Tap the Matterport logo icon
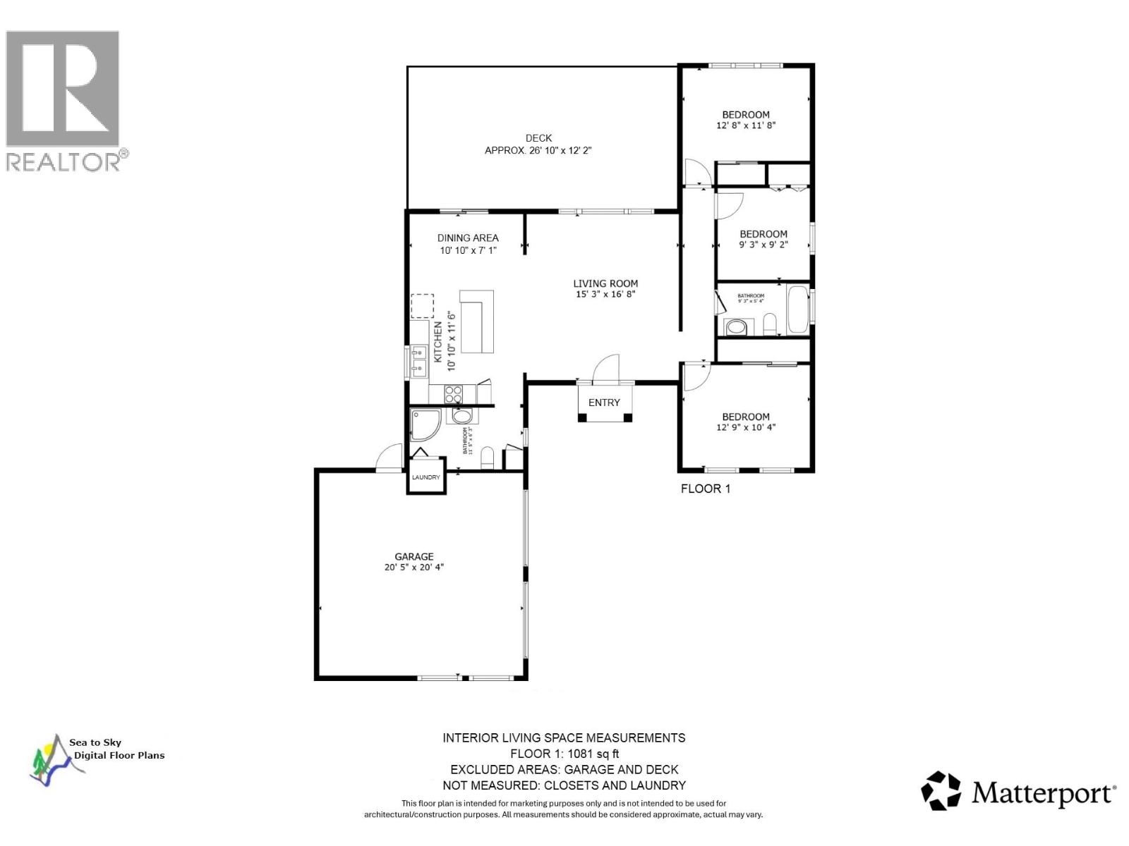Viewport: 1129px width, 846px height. pos(941,790)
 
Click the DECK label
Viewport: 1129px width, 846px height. pos(538,138)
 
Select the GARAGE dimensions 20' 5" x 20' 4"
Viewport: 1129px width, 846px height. pos(414,568)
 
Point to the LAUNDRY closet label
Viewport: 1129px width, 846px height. pos(426,477)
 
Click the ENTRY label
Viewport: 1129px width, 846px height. pos(604,403)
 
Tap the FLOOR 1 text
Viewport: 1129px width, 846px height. pos(705,489)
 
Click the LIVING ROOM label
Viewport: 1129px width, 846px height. pos(605,283)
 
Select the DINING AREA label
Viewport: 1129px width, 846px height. pos(468,238)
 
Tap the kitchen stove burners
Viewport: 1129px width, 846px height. pos(453,394)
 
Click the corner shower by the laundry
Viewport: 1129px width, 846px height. pos(425,424)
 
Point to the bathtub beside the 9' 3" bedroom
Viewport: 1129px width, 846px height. pos(799,309)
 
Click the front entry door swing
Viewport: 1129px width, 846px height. pos(605,368)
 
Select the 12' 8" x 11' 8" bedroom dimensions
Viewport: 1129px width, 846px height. pos(746,125)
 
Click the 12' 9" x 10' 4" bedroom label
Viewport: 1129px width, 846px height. pos(746,417)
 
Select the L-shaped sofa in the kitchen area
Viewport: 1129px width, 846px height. pos(477,321)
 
